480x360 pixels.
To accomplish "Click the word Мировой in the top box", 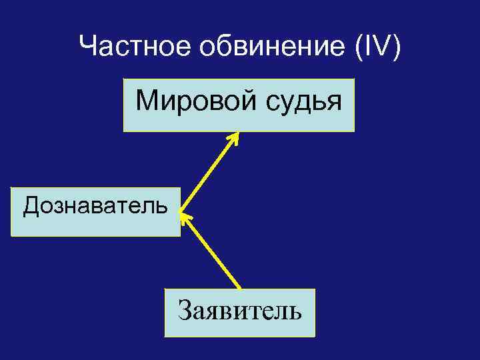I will (x=187, y=102).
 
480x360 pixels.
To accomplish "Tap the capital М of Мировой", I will (x=145, y=101).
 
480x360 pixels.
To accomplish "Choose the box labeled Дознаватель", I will (x=95, y=212).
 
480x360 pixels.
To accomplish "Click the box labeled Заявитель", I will (x=239, y=312).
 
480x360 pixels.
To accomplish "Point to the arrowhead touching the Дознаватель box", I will (x=184, y=217).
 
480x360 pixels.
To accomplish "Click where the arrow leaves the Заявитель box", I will (x=239, y=288).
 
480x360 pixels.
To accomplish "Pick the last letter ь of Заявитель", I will (x=295, y=311).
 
